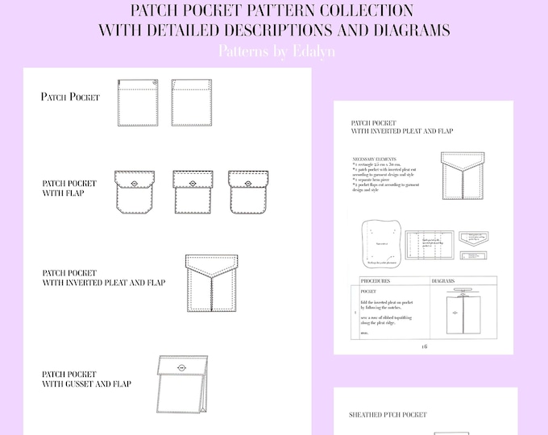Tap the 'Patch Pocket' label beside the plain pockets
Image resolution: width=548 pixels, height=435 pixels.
pyautogui.click(x=70, y=97)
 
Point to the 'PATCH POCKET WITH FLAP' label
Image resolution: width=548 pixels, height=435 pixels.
pyautogui.click(x=69, y=188)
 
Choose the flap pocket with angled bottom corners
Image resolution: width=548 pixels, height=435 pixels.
pyautogui.click(x=135, y=192)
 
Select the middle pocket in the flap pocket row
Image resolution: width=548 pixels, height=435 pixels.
pyautogui.click(x=192, y=192)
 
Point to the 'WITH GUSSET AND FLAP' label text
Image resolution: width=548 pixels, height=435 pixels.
pyautogui.click(x=86, y=383)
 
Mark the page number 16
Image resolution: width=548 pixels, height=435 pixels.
pyautogui.click(x=424, y=346)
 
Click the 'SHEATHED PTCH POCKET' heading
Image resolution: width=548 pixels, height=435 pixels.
pyautogui.click(x=388, y=415)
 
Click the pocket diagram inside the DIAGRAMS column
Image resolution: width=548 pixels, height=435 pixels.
pyautogui.click(x=463, y=310)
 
